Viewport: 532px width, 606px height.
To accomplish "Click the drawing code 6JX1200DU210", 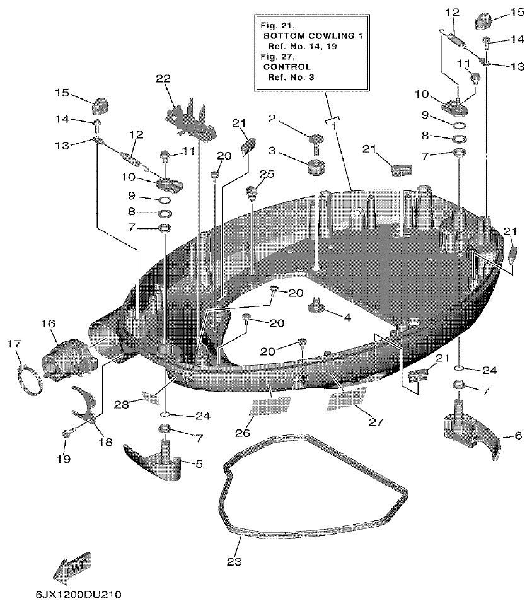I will [75, 595].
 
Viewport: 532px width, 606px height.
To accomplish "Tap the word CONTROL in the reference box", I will [287, 66].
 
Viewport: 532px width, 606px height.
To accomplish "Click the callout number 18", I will [105, 441].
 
